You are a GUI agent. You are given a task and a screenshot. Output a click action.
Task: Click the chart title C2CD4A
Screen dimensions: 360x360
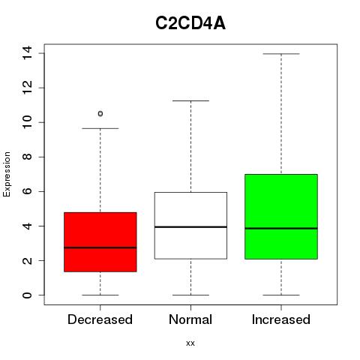[190, 23]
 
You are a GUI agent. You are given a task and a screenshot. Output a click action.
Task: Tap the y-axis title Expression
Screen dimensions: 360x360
[7, 174]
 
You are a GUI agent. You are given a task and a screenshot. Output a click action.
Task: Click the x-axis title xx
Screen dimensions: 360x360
[190, 343]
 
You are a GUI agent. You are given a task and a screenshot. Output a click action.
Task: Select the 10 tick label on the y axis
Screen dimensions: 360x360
[27, 122]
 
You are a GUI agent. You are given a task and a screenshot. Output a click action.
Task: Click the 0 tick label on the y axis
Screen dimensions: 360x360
[27, 295]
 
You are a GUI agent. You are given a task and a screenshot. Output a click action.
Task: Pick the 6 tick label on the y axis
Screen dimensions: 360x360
[27, 191]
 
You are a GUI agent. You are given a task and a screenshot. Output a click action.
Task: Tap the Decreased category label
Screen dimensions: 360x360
[100, 319]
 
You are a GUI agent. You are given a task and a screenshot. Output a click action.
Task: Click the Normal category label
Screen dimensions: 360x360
[190, 319]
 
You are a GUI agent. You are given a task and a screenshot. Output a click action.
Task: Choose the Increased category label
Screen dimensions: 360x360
[281, 319]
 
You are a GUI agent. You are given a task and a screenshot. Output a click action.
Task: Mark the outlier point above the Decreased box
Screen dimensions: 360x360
[100, 114]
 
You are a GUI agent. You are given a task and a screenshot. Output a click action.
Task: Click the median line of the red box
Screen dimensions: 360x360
[100, 247]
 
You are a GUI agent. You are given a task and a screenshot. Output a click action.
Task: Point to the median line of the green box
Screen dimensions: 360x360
[281, 228]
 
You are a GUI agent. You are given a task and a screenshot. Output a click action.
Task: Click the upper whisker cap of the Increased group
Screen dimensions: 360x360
[281, 54]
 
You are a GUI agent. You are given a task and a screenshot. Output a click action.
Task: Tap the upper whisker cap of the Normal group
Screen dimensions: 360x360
[190, 100]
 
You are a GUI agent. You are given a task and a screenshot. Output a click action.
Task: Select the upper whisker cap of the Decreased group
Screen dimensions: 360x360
[100, 128]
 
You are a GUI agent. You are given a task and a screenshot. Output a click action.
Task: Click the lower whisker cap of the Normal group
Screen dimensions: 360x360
[190, 295]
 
